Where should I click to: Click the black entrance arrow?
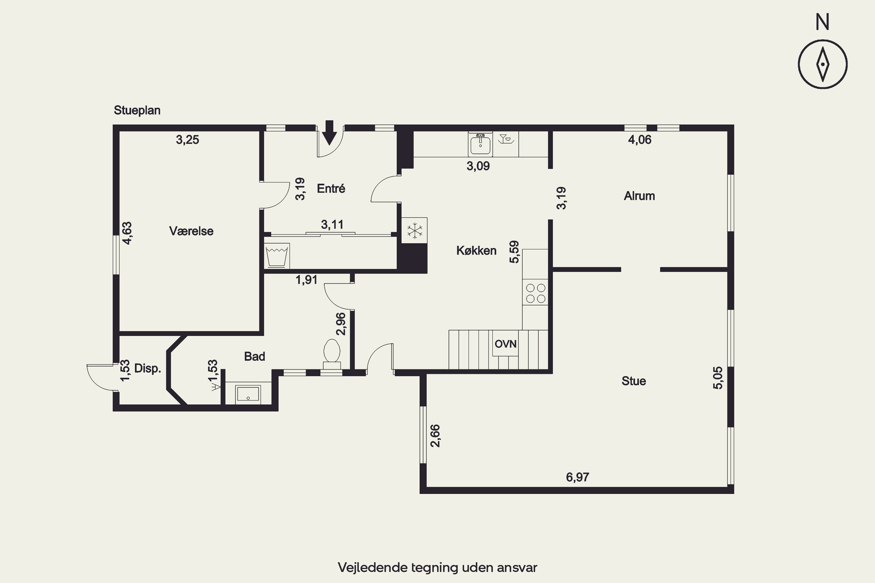click(x=329, y=132)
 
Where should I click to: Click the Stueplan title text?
click(x=137, y=110)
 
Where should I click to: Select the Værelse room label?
click(x=191, y=231)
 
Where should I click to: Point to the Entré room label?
click(x=331, y=189)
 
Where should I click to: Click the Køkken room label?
click(x=476, y=251)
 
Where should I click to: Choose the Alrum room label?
click(x=639, y=196)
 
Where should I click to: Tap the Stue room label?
click(x=633, y=381)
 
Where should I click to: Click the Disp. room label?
click(x=147, y=368)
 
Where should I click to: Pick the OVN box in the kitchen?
click(x=505, y=344)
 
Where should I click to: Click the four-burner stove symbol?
click(x=535, y=293)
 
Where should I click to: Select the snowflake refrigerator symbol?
click(x=414, y=231)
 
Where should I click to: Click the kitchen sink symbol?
click(x=480, y=143)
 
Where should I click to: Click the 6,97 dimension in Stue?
click(x=577, y=477)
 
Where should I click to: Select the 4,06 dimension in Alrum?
click(x=640, y=140)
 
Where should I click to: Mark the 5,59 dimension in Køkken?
click(x=514, y=252)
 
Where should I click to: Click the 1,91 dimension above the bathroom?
click(x=307, y=280)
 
